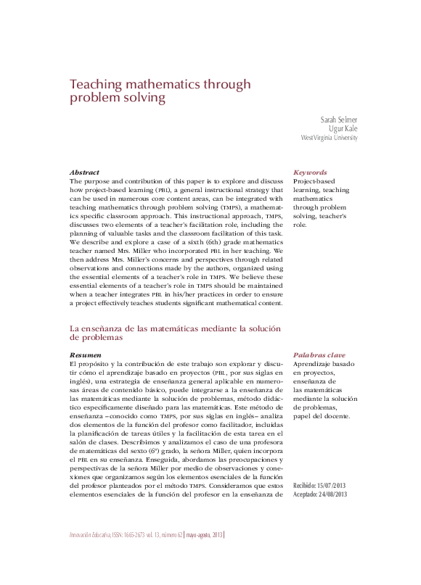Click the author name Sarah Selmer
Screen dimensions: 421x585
[x=339, y=119]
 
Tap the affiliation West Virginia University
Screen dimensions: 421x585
[x=329, y=137]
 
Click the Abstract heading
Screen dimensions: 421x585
[x=84, y=172]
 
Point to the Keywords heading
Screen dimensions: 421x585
[x=310, y=173]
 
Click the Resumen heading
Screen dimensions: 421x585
[x=85, y=355]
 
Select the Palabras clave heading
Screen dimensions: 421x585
[x=318, y=355]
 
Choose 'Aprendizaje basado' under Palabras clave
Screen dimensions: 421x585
[x=324, y=364]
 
